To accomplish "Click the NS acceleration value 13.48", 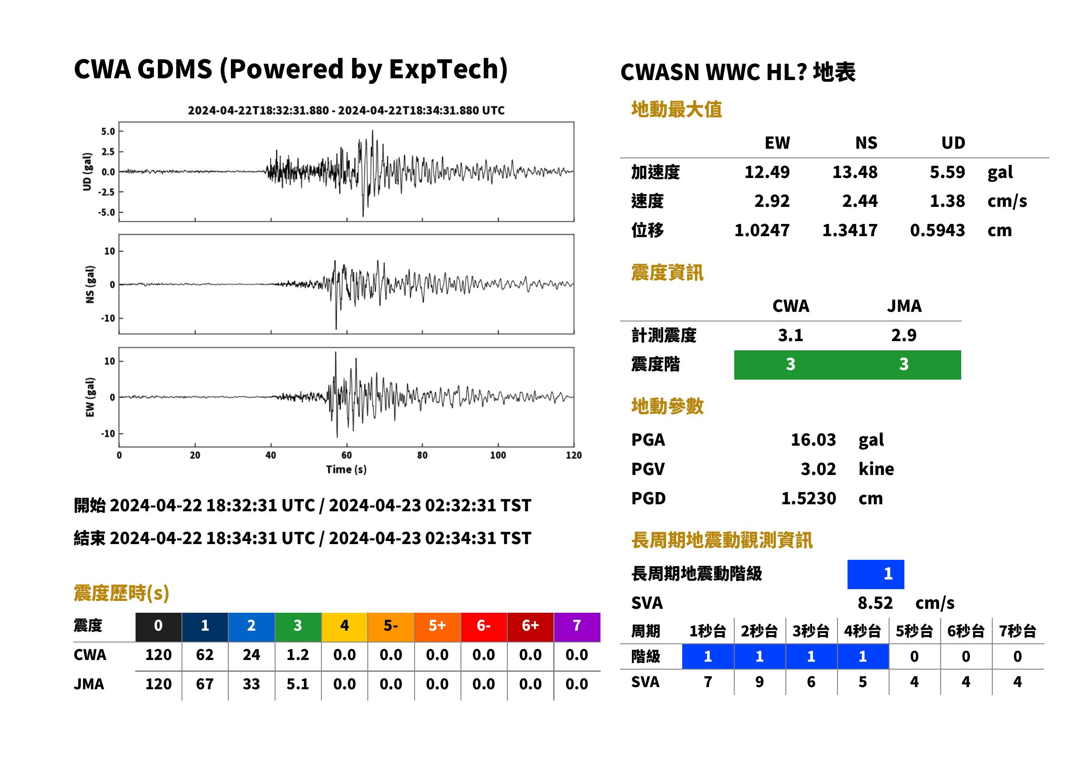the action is click(x=855, y=172).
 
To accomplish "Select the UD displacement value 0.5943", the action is click(x=937, y=230).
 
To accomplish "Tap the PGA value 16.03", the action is click(x=813, y=440).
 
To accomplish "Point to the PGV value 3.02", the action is click(x=818, y=469).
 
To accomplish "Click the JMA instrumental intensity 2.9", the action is click(x=904, y=335).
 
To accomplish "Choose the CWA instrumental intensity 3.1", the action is click(x=791, y=335).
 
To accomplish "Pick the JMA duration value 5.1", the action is click(x=298, y=684).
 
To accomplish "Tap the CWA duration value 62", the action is click(x=205, y=655).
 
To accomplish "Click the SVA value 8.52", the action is click(x=875, y=603).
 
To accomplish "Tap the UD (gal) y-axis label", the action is click(x=87, y=172).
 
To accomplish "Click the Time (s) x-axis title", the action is click(x=346, y=470).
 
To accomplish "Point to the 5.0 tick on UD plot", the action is click(x=108, y=132).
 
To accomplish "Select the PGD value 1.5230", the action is click(x=808, y=499).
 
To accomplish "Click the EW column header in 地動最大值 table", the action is click(x=777, y=143).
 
